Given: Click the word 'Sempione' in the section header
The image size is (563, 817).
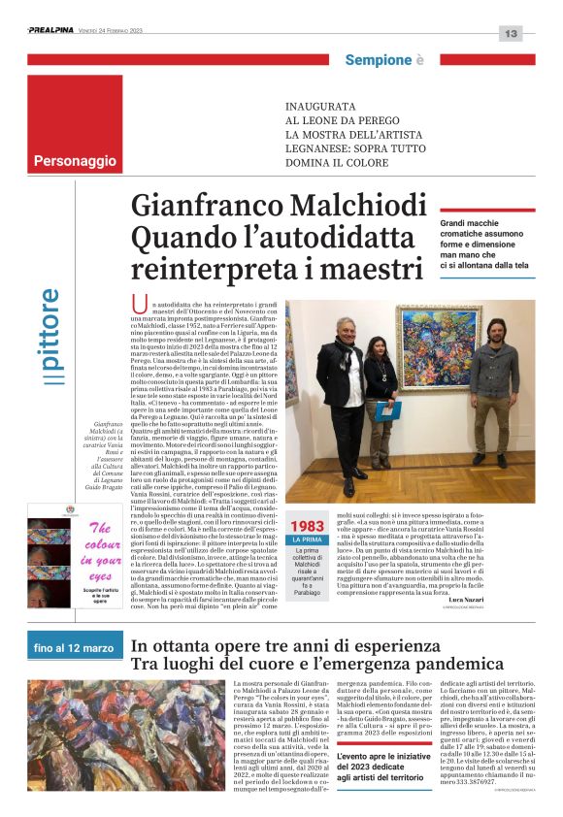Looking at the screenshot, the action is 378,60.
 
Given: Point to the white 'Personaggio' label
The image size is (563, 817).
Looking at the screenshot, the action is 74,160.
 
